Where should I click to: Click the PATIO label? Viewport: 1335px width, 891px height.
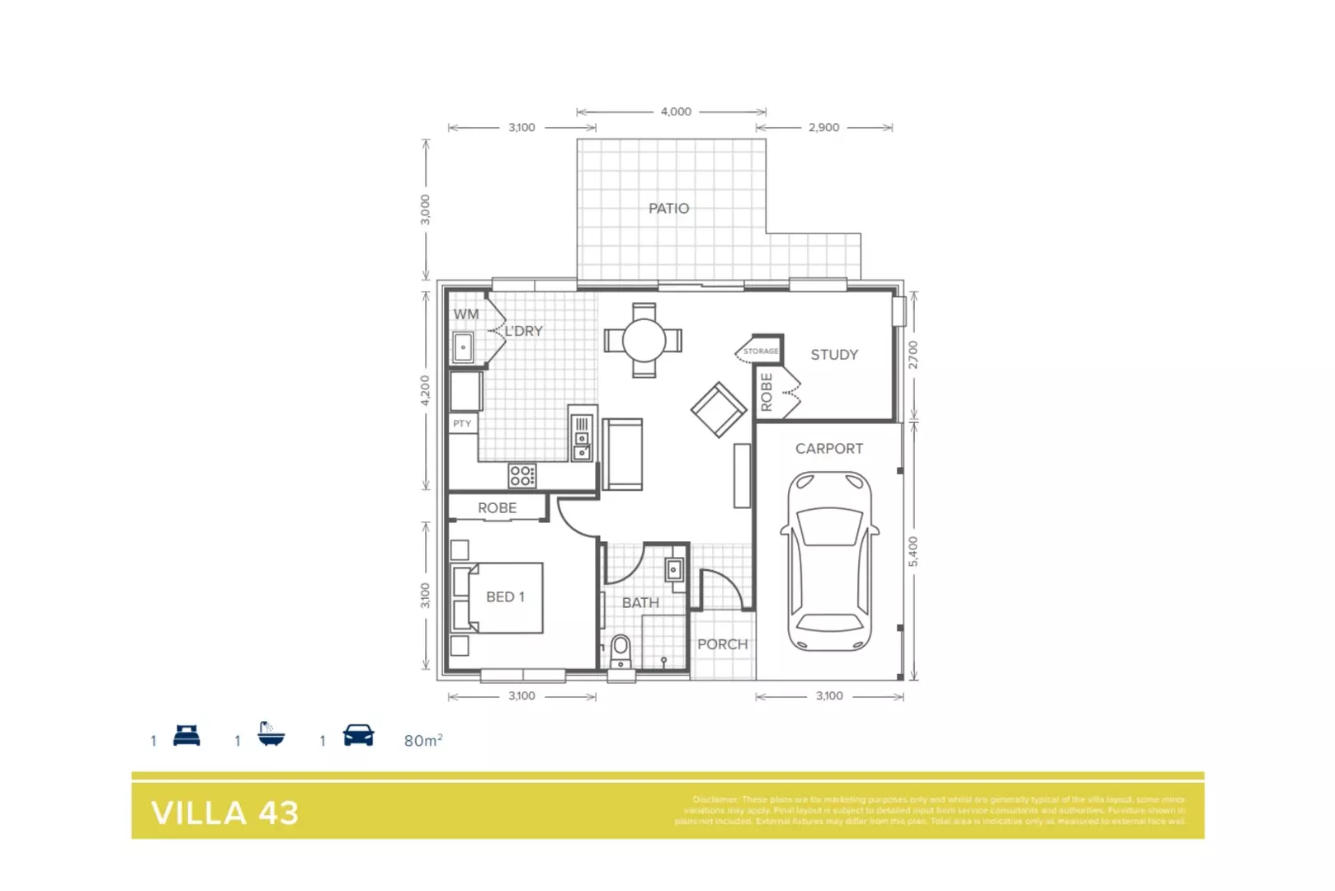click(668, 209)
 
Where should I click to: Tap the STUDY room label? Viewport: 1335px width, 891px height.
click(834, 355)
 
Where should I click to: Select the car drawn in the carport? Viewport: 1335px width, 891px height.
click(829, 561)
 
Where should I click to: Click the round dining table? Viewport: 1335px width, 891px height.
click(644, 340)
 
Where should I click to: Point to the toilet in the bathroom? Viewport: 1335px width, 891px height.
click(620, 651)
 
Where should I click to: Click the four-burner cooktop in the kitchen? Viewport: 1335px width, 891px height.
click(521, 475)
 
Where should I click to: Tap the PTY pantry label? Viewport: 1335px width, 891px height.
click(462, 423)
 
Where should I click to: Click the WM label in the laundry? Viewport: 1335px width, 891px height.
click(466, 314)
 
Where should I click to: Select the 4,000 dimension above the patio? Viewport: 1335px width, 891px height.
click(676, 111)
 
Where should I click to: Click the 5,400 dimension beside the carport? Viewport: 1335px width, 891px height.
click(913, 551)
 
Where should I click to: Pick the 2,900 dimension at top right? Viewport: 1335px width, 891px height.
click(823, 127)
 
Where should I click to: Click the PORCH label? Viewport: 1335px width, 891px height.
click(723, 644)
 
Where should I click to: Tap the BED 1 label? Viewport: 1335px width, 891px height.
click(505, 596)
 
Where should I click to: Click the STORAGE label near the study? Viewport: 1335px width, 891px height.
click(761, 351)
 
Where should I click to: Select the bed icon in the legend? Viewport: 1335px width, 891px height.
click(186, 735)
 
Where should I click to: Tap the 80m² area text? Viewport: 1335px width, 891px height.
click(423, 741)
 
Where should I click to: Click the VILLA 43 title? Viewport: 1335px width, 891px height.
click(225, 813)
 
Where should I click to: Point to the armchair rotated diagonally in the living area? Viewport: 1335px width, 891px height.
click(719, 409)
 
